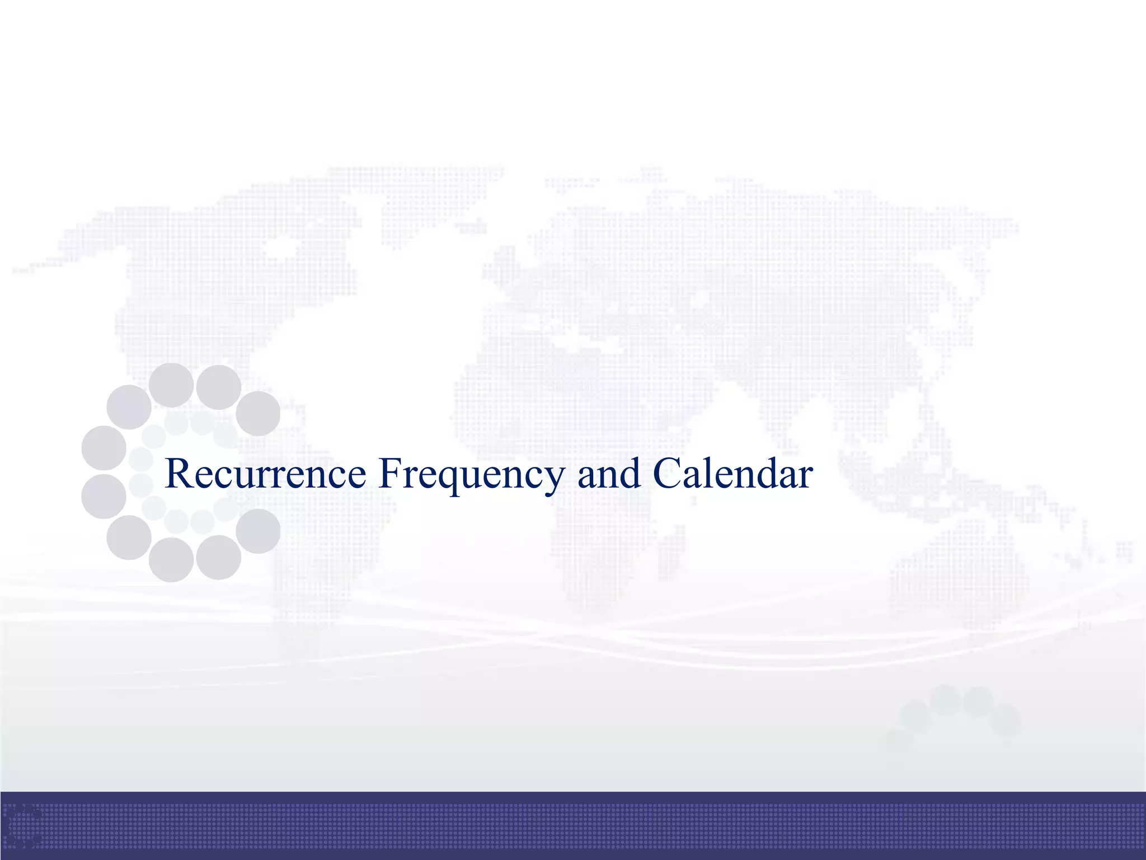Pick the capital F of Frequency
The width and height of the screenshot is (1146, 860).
coord(390,473)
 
